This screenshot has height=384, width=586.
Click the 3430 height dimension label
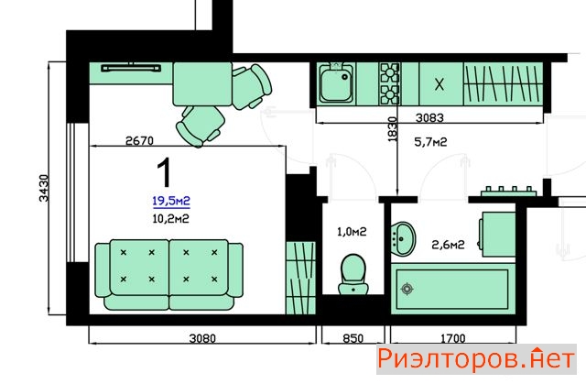pyautogui.click(x=44, y=188)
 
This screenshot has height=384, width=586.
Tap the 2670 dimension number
pyautogui.click(x=139, y=141)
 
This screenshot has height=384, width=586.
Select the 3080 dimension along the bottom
pyautogui.click(x=202, y=339)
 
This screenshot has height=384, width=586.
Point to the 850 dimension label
pyautogui.click(x=353, y=339)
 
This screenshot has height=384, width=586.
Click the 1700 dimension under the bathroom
pyautogui.click(x=453, y=339)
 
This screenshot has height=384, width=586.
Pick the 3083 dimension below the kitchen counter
pyautogui.click(x=429, y=118)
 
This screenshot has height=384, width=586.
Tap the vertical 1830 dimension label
pyautogui.click(x=392, y=129)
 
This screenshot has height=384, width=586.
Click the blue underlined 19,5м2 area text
pyautogui.click(x=171, y=201)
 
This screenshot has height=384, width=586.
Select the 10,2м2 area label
pyautogui.click(x=170, y=219)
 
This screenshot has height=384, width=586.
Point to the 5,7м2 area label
pyautogui.click(x=430, y=142)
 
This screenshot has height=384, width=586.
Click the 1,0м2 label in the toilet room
pyautogui.click(x=352, y=232)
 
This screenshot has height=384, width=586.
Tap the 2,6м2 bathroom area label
pyautogui.click(x=448, y=245)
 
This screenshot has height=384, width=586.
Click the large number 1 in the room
pyautogui.click(x=164, y=172)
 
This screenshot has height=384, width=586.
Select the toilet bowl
pyautogui.click(x=353, y=274)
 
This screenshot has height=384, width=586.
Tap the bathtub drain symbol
pyautogui.click(x=407, y=289)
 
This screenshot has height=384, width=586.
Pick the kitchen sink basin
pyautogui.click(x=336, y=84)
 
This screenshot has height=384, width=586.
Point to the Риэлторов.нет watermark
pyautogui.click(x=476, y=359)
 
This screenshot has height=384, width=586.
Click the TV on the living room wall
pyautogui.click(x=131, y=68)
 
